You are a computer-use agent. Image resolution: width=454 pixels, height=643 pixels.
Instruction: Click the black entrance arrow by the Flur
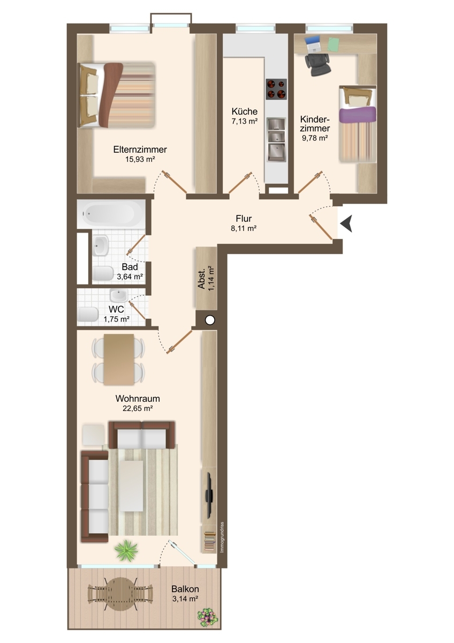click(x=346, y=224)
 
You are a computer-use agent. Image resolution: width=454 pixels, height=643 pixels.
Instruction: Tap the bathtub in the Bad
click(x=111, y=214)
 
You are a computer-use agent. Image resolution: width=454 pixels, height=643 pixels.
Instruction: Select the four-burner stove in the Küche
click(x=276, y=89)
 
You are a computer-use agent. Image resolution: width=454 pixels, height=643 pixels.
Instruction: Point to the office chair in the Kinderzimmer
click(x=317, y=64)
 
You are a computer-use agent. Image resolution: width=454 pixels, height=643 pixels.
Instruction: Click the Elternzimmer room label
click(x=140, y=149)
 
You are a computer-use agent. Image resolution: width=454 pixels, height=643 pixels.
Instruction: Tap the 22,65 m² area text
click(x=138, y=408)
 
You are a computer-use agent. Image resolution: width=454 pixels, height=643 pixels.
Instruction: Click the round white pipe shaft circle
click(x=210, y=320)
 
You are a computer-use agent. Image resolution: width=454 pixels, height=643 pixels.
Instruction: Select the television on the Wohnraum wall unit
click(x=209, y=495)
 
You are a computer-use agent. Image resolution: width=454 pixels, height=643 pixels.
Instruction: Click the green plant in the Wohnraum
click(x=126, y=549)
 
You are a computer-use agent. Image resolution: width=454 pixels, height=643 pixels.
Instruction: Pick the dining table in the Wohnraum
click(x=119, y=359)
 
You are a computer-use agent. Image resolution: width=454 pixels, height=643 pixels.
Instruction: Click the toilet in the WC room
click(x=88, y=314)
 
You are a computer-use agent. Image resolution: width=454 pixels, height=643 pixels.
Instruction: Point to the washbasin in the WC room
click(x=118, y=295)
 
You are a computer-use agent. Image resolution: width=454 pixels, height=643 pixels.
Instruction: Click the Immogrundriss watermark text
click(x=222, y=537)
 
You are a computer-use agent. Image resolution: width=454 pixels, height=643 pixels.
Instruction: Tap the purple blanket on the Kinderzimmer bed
click(x=357, y=114)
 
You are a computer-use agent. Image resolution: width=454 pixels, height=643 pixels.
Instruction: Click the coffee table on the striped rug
click(x=131, y=485)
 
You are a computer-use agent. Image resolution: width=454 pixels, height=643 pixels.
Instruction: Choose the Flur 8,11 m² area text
click(x=244, y=228)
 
